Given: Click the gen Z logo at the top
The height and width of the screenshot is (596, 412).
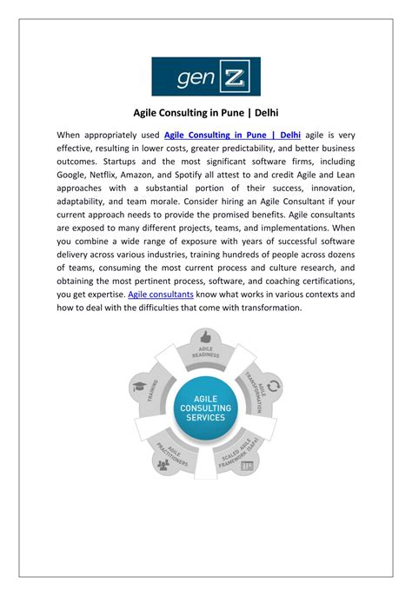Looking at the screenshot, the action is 206,76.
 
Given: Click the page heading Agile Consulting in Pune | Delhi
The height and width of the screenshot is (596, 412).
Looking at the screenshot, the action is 206,112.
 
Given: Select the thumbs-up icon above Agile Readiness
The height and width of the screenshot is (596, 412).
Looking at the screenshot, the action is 206,337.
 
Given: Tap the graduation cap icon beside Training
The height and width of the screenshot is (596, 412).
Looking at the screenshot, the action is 139,387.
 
